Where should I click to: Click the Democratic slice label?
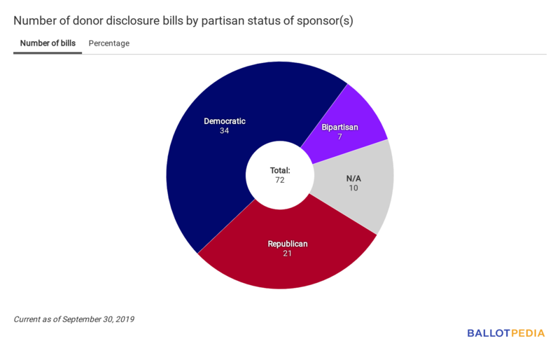tap(225, 121)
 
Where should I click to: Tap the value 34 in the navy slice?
tap(225, 131)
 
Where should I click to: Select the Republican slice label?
tap(288, 244)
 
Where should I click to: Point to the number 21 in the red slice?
tap(288, 254)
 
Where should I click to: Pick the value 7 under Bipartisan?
tap(340, 136)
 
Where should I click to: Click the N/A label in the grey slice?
tap(353, 178)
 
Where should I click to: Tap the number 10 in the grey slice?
tap(353, 188)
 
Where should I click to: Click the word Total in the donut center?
tap(280, 170)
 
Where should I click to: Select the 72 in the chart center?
tap(280, 180)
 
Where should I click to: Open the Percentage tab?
tap(108, 43)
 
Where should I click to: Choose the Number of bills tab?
tap(48, 43)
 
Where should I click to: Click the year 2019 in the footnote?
tap(124, 319)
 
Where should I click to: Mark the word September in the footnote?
tap(83, 319)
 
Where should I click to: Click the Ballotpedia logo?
tap(505, 333)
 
